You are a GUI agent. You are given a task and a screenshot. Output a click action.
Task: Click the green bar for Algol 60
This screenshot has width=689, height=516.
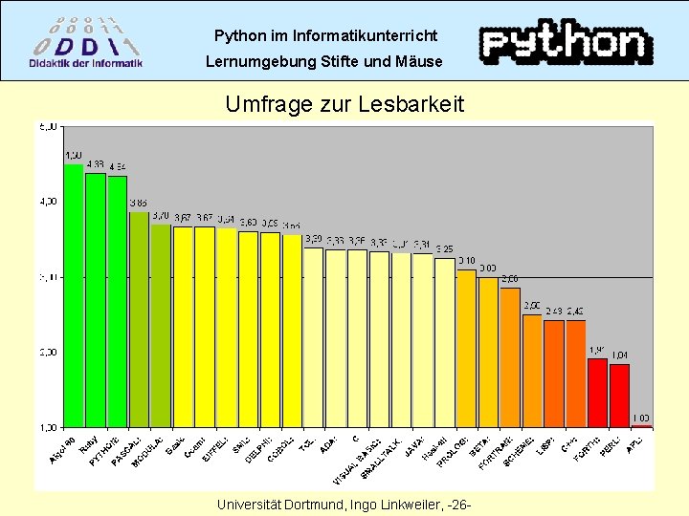click(74, 296)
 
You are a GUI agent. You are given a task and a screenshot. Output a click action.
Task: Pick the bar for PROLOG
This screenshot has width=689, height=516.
click(466, 349)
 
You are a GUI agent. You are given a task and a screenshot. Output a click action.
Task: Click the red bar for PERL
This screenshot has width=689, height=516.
click(619, 396)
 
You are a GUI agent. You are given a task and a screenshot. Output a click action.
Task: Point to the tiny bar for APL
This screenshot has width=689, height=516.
click(641, 426)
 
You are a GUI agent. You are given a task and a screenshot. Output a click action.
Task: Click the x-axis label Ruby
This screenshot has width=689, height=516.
click(87, 445)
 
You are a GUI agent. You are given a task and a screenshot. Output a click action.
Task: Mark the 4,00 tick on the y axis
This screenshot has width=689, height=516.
click(47, 202)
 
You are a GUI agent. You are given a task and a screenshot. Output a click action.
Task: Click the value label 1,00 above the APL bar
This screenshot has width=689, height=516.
click(641, 418)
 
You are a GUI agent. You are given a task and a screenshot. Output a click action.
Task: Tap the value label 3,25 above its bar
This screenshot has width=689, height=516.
click(444, 249)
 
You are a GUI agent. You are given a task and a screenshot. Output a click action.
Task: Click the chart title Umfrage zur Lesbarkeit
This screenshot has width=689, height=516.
click(344, 104)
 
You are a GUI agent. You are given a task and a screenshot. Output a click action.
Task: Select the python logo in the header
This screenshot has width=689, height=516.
click(565, 43)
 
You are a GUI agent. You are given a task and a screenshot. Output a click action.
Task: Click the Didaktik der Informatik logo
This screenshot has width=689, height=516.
click(86, 41)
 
